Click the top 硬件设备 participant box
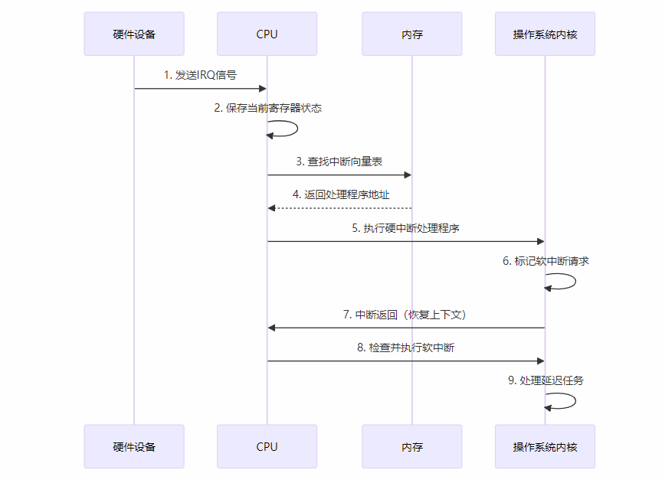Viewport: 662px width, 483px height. click(x=134, y=34)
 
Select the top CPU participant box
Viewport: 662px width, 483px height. click(x=267, y=34)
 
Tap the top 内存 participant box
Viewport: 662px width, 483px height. click(x=412, y=34)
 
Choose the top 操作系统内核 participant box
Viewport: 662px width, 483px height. click(x=545, y=34)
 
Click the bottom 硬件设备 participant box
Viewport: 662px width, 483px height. click(x=134, y=446)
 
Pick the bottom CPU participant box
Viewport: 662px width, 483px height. click(x=267, y=446)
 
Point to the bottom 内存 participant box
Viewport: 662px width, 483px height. click(x=412, y=446)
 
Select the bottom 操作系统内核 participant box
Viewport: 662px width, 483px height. click(x=545, y=446)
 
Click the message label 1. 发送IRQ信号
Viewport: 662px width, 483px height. click(x=200, y=75)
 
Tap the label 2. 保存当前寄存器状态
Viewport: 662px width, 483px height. click(x=267, y=108)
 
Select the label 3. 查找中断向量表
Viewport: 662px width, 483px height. click(x=339, y=162)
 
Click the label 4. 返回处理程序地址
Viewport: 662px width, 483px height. click(x=340, y=194)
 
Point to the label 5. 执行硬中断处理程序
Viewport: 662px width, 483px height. click(x=405, y=228)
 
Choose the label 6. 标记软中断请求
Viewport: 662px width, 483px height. click(x=546, y=261)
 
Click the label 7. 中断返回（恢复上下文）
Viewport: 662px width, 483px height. click(x=405, y=315)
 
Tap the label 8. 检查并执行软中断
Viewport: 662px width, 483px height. click(x=405, y=348)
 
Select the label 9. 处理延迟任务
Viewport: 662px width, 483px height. click(x=546, y=380)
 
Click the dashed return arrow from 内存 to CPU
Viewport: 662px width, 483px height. click(x=339, y=208)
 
